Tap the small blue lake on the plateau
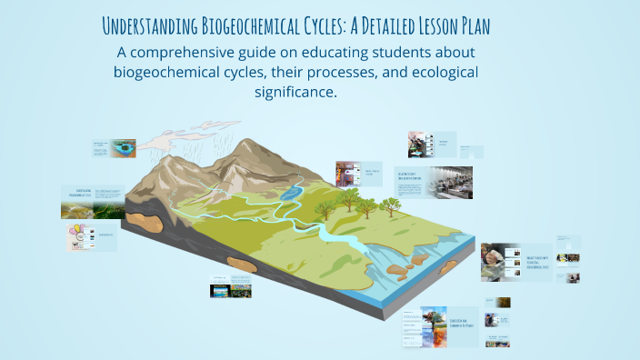(x=290, y=193)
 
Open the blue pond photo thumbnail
(x=123, y=146)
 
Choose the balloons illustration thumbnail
(x=79, y=238)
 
